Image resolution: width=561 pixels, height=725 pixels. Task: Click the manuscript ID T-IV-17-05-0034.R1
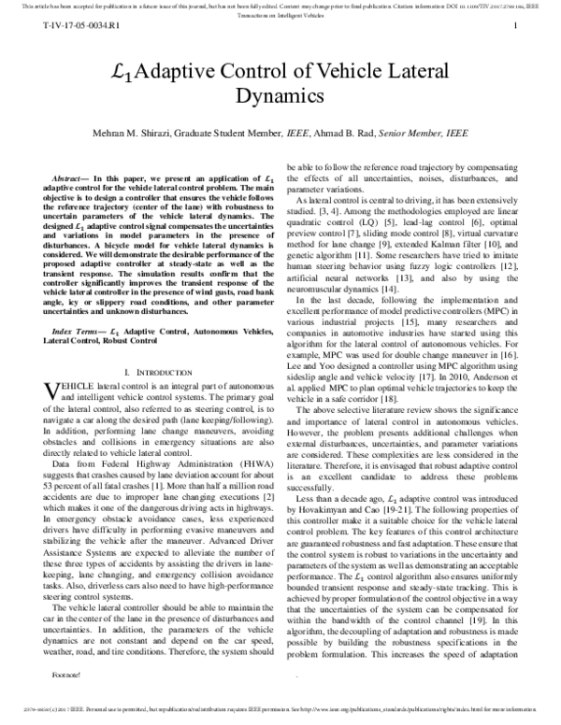(x=68, y=29)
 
